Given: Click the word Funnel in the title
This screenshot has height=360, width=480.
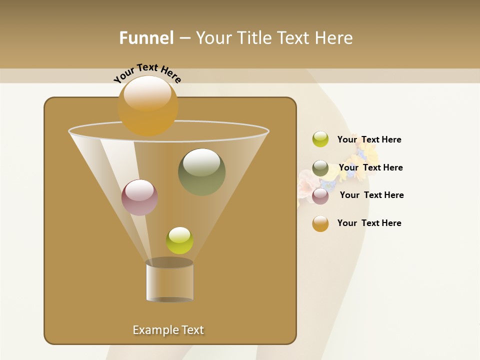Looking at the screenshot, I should click(x=146, y=38).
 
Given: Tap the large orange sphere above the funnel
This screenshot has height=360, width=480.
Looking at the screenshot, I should click(x=147, y=105).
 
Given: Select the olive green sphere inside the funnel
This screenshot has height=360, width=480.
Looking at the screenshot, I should click(x=201, y=172).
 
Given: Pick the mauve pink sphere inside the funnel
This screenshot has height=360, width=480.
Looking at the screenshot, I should click(x=140, y=197).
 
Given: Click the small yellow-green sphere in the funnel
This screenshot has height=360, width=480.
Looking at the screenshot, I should click(x=179, y=240).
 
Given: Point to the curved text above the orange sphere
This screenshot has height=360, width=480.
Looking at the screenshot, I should click(x=147, y=72).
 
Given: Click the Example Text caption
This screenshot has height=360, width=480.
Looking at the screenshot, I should click(x=168, y=330).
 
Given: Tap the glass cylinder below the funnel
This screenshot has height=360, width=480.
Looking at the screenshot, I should click(x=169, y=280).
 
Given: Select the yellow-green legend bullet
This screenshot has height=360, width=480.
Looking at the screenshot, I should click(x=320, y=139).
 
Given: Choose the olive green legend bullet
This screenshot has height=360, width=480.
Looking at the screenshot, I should click(x=320, y=168).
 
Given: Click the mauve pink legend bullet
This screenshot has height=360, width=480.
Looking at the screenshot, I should click(x=320, y=196).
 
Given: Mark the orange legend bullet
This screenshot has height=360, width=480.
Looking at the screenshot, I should click(x=320, y=223).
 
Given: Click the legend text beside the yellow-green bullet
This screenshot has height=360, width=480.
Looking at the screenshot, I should click(x=369, y=140).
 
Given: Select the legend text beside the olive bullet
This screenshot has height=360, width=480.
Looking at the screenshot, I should click(x=370, y=168).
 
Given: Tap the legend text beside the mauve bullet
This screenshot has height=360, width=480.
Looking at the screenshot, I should click(x=371, y=195).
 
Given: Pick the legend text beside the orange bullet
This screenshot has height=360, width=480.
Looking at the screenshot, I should click(x=369, y=223).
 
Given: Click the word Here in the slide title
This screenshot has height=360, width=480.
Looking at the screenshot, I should click(x=333, y=38).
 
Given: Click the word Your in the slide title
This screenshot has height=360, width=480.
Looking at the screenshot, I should click(x=213, y=38).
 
